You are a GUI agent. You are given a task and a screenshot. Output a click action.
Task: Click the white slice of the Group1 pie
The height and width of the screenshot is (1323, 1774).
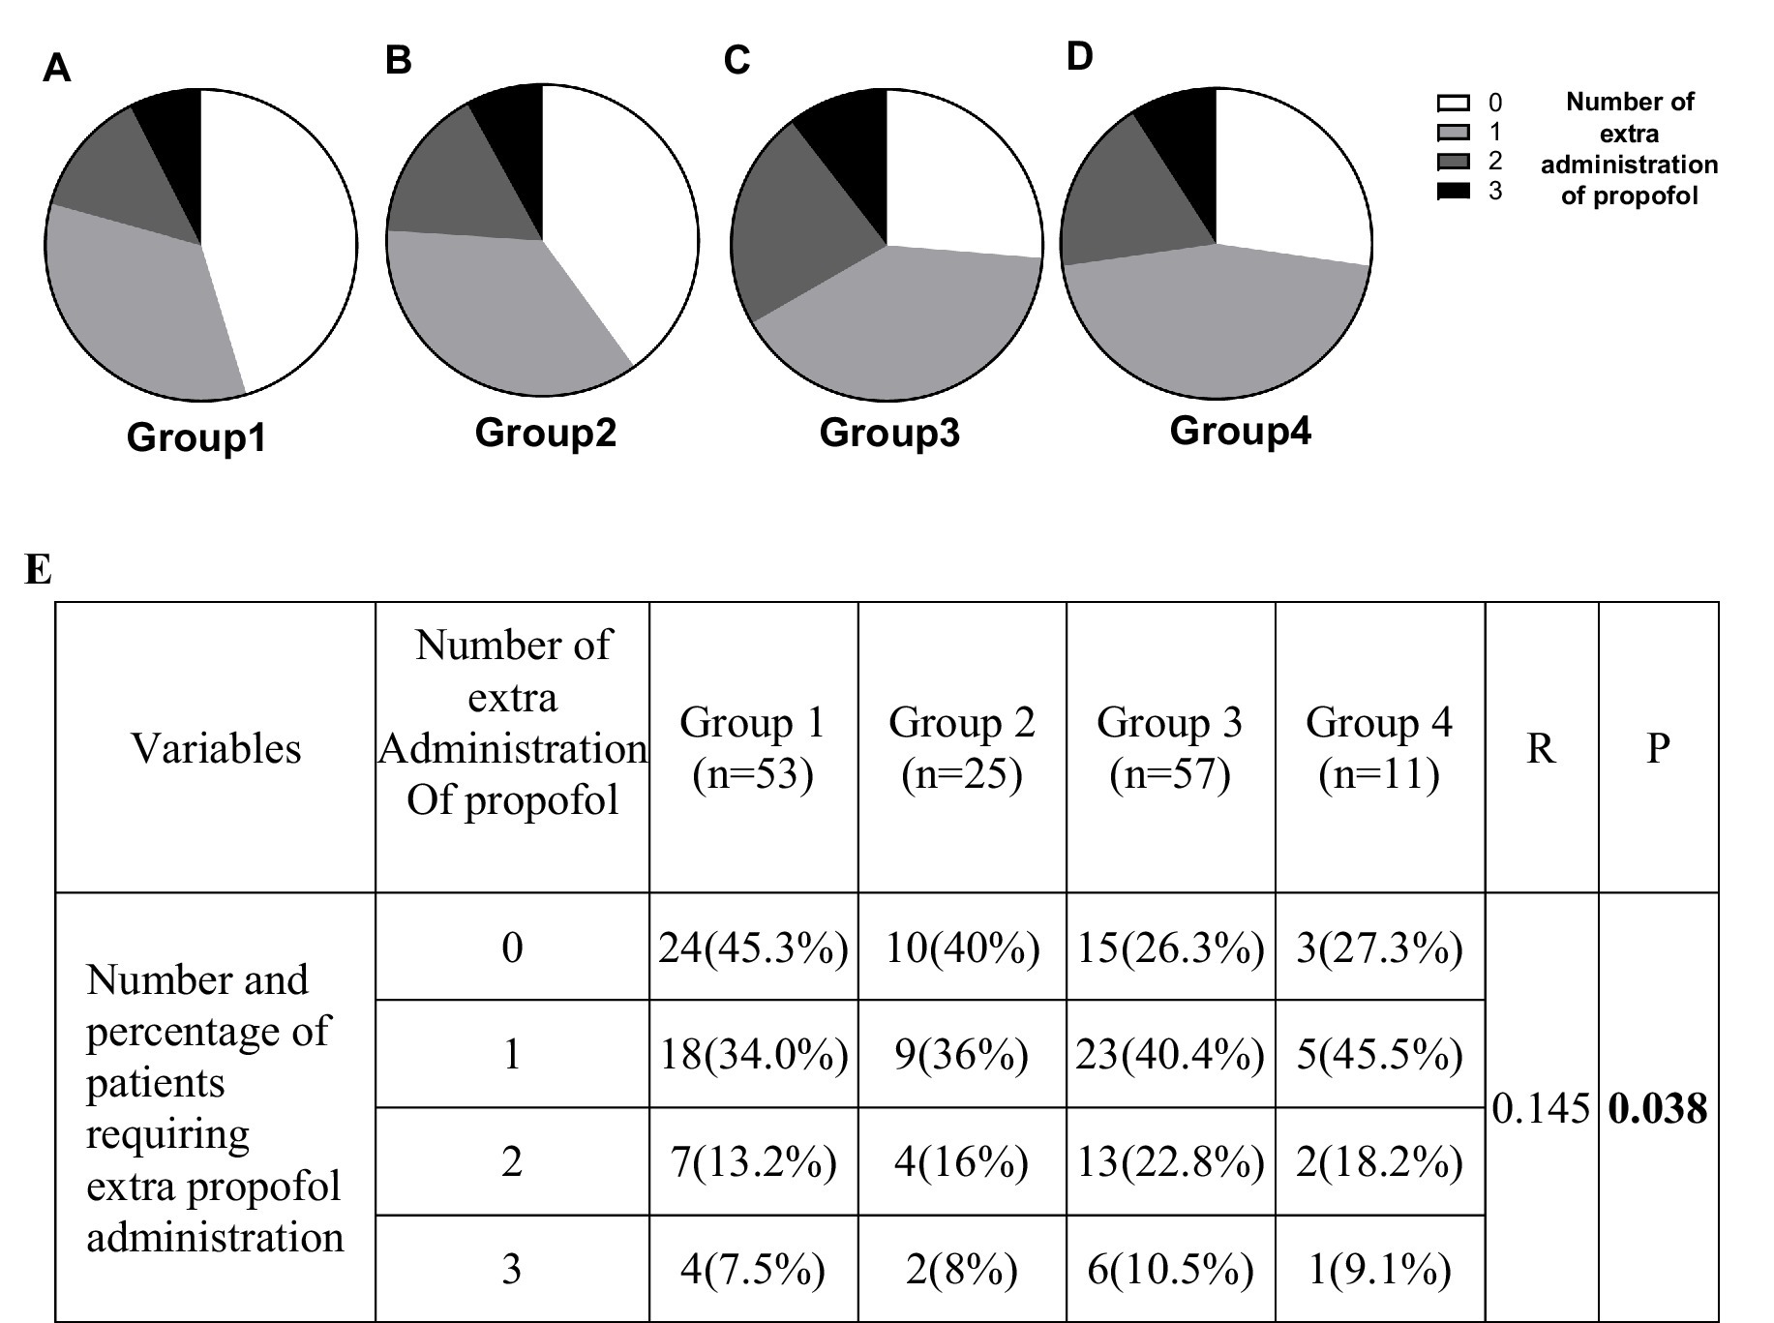[281, 242]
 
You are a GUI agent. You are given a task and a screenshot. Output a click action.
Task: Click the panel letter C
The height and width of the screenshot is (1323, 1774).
[737, 61]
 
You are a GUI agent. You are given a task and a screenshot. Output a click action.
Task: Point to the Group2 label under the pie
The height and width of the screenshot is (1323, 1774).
[545, 432]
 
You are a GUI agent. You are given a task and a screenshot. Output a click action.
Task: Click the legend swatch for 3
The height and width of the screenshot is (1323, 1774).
[1453, 191]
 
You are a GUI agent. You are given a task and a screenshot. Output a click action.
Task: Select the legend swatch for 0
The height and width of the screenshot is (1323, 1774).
[1453, 103]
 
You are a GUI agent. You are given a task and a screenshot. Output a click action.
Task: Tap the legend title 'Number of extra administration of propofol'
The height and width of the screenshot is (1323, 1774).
[1629, 148]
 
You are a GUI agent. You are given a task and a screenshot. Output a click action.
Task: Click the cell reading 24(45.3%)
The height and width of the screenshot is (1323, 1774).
[753, 947]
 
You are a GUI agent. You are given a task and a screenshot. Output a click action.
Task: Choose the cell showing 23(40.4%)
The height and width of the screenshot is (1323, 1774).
[1169, 1054]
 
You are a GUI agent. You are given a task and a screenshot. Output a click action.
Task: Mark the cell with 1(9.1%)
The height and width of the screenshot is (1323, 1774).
[1379, 1269]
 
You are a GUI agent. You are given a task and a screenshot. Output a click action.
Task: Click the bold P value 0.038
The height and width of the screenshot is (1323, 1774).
[1657, 1108]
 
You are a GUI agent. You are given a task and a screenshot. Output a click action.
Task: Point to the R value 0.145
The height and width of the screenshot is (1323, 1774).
[1541, 1108]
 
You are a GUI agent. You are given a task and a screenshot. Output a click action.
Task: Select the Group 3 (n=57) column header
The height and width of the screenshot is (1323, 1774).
[1169, 747]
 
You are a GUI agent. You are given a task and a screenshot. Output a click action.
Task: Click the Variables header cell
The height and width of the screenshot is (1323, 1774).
[216, 748]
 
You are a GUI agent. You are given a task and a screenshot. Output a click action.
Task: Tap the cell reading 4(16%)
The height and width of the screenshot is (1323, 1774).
[961, 1161]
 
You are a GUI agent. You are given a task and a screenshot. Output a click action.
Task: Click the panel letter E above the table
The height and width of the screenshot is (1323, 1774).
[38, 569]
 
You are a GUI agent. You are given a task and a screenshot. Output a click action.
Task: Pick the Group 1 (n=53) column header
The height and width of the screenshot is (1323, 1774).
[753, 747]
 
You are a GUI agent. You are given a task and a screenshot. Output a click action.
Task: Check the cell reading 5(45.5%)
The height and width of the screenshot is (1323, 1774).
[1379, 1054]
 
